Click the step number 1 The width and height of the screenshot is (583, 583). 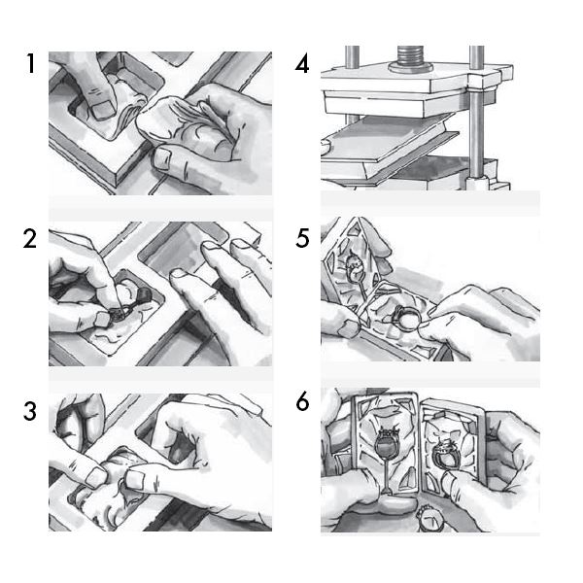click(31, 63)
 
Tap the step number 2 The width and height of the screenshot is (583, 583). click(30, 238)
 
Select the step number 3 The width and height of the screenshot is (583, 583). click(30, 411)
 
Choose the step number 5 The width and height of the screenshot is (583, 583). click(302, 238)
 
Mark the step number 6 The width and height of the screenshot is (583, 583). click(302, 401)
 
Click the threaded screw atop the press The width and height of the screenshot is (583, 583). click(410, 56)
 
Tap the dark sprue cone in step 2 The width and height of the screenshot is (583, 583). click(144, 294)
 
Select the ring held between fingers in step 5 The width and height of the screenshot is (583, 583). click(407, 318)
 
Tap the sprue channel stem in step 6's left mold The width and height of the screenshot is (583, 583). click(387, 478)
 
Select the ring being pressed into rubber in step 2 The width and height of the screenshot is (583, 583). click(120, 315)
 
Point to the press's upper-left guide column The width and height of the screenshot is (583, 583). click(352, 57)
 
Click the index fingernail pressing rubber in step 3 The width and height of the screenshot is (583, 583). click(135, 479)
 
